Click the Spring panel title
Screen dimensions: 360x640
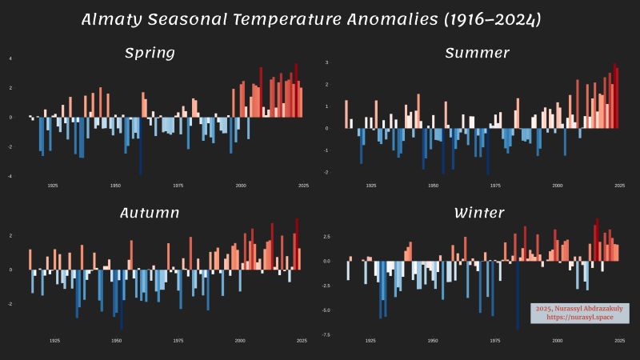tap(150, 54)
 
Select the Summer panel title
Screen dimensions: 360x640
tap(477, 54)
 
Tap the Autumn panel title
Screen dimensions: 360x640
tap(150, 213)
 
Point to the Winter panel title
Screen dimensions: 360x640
tap(478, 213)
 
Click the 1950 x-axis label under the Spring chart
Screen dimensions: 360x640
tap(115, 186)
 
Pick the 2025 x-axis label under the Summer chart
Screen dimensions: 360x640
tap(619, 186)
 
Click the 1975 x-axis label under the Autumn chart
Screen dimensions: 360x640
tap(178, 340)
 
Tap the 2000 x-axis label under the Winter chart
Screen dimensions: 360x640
tap(557, 340)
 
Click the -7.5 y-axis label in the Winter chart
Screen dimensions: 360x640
tap(326, 335)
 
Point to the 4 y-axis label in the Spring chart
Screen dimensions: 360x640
tap(10, 58)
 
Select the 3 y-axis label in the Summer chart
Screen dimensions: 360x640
tap(327, 62)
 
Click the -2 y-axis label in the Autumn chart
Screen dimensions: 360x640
tap(10, 304)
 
